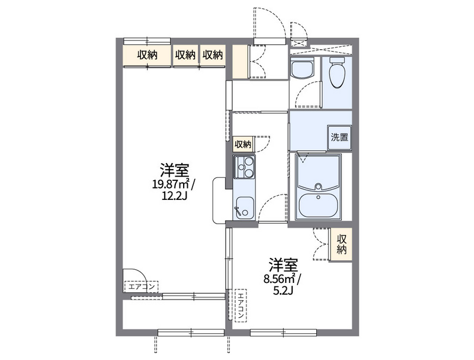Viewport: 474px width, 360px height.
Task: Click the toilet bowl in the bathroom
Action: click(337, 72)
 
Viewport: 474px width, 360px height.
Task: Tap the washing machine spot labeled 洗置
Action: click(340, 138)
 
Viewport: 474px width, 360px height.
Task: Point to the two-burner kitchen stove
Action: click(244, 167)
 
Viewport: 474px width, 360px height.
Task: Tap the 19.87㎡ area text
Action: click(172, 184)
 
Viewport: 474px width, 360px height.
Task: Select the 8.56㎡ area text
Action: click(281, 278)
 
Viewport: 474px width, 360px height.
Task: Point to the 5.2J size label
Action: click(283, 291)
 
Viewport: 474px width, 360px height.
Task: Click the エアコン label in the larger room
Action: click(142, 286)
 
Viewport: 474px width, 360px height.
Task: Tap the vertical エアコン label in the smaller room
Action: click(241, 305)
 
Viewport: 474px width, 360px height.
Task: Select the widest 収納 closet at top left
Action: click(147, 55)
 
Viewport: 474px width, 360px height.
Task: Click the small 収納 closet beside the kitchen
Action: click(243, 144)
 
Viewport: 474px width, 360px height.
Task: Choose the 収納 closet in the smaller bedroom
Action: click(342, 244)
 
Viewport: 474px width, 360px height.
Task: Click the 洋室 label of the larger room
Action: click(175, 170)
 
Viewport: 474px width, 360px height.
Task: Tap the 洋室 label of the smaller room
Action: click(284, 265)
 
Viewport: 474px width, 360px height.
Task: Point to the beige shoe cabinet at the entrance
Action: click(240, 62)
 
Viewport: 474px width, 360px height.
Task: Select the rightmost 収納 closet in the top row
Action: click(213, 55)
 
